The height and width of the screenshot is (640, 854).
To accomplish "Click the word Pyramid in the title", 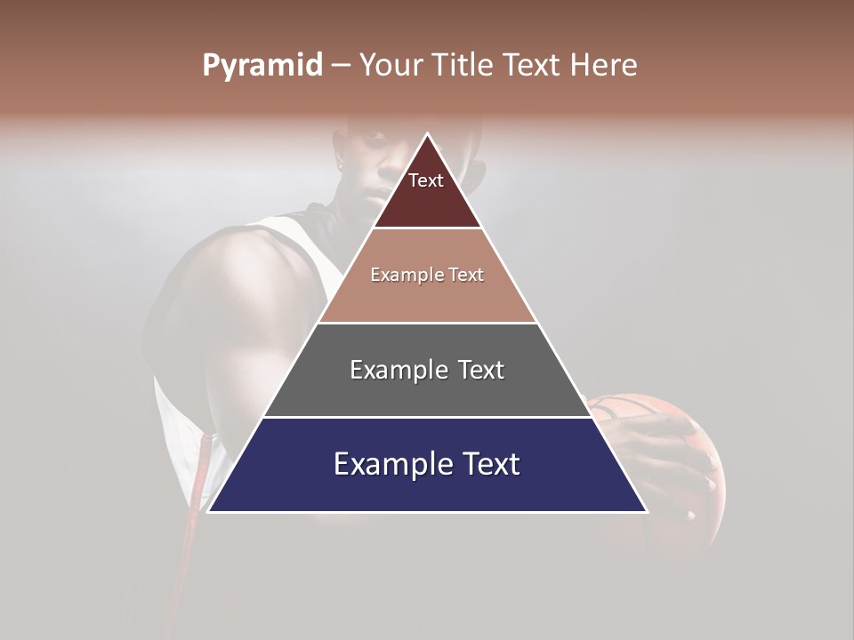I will tap(262, 66).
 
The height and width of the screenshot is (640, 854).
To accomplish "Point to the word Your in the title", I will tap(391, 66).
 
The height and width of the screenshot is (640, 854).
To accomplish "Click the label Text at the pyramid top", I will tap(426, 180).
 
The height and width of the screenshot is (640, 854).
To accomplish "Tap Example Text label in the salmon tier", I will tap(427, 275).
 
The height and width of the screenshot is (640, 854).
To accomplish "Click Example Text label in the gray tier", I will tap(427, 370).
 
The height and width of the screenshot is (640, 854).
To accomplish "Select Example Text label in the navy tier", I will tap(427, 464).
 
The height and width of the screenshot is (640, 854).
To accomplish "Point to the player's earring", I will tap(341, 164).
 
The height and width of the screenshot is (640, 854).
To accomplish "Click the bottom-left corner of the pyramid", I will tap(208, 511).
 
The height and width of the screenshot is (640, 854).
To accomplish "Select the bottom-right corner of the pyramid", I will tap(647, 511).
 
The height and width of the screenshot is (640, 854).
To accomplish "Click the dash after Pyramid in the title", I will tap(341, 66).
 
